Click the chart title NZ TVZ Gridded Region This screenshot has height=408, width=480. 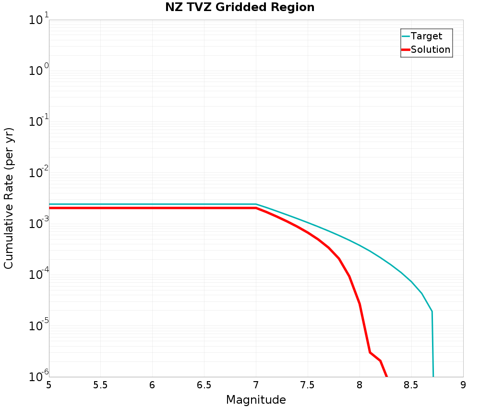(x=240, y=7)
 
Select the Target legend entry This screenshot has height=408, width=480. (x=422, y=36)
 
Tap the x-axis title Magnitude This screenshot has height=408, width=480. (x=256, y=400)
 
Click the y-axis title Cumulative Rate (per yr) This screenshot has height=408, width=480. (x=9, y=198)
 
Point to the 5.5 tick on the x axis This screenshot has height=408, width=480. (x=101, y=385)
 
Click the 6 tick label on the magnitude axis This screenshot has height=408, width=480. (x=153, y=385)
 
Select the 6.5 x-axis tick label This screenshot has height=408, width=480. (x=204, y=385)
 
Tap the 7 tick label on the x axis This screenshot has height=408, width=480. (x=256, y=385)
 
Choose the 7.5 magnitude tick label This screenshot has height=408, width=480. (x=308, y=385)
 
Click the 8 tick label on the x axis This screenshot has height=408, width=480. (x=360, y=385)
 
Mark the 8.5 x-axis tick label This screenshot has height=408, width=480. (x=411, y=385)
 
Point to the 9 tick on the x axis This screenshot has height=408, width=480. (x=463, y=385)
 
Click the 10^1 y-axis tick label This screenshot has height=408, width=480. (x=38, y=19)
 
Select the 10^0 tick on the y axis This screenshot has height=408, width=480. (x=38, y=70)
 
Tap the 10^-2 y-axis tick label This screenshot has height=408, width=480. (x=38, y=172)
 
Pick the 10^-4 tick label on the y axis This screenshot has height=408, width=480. (x=38, y=274)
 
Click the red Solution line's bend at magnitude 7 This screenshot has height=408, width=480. (x=256, y=208)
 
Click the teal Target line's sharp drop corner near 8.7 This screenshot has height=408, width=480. (x=432, y=312)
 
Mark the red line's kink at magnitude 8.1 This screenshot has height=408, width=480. (x=370, y=352)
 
